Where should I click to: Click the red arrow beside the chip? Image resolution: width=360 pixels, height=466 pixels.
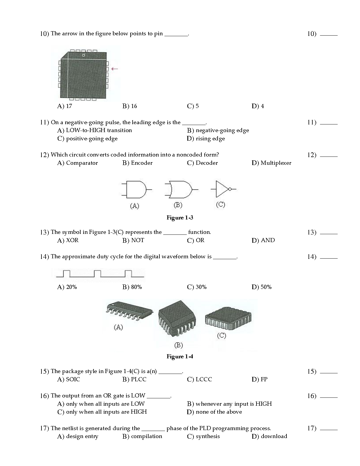(x=115, y=69)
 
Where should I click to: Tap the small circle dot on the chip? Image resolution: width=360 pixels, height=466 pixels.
(x=83, y=55)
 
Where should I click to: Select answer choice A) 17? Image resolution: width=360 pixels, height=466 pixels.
(x=65, y=106)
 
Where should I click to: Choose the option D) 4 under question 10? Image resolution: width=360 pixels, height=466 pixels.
(x=258, y=106)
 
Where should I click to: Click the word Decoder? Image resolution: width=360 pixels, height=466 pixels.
(x=206, y=163)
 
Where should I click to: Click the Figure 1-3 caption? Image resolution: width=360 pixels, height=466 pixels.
(x=180, y=218)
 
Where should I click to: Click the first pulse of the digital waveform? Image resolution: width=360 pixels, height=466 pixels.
(x=66, y=273)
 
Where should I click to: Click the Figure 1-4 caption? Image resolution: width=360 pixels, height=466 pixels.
(x=180, y=357)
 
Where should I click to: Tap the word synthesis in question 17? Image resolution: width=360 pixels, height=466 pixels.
(x=208, y=436)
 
